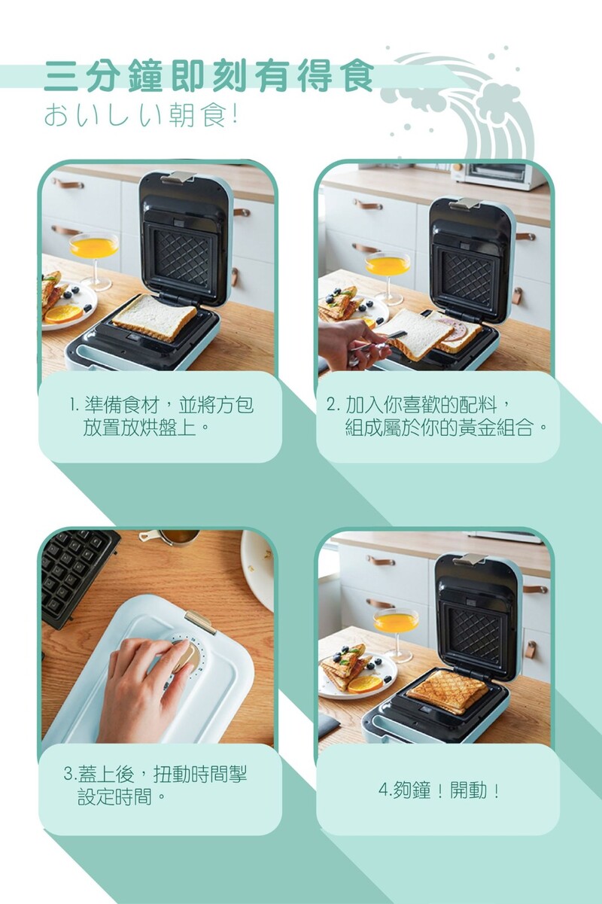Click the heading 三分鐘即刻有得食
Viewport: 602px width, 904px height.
coord(208,76)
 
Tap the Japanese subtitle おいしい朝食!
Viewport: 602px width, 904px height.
coord(141,115)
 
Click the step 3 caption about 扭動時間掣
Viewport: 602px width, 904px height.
coord(155,785)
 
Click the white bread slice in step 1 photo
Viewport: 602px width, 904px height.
coord(154,317)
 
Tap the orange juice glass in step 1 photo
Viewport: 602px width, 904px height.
coord(94,260)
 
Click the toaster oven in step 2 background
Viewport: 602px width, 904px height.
coord(501,175)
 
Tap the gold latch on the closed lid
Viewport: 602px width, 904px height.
coord(200,621)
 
